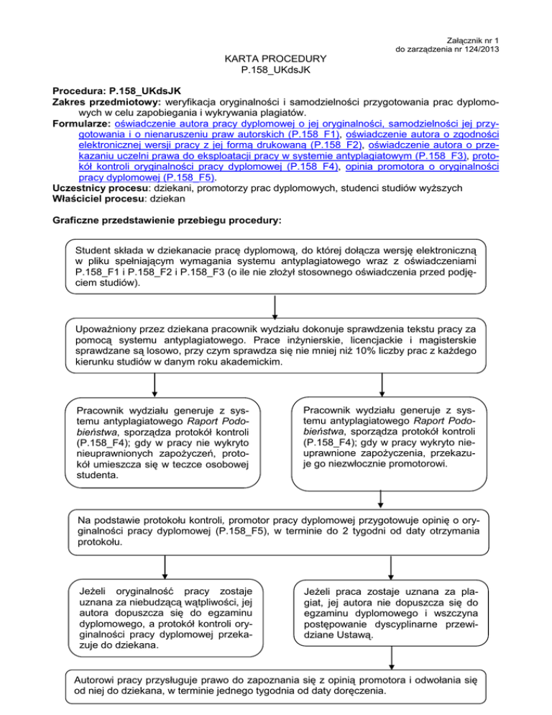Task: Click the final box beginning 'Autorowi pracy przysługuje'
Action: pyautogui.click(x=275, y=684)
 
